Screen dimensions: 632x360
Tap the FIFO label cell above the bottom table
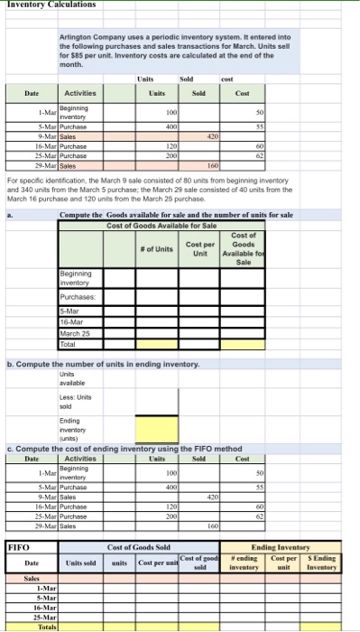19,547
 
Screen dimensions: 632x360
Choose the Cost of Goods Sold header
145,547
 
